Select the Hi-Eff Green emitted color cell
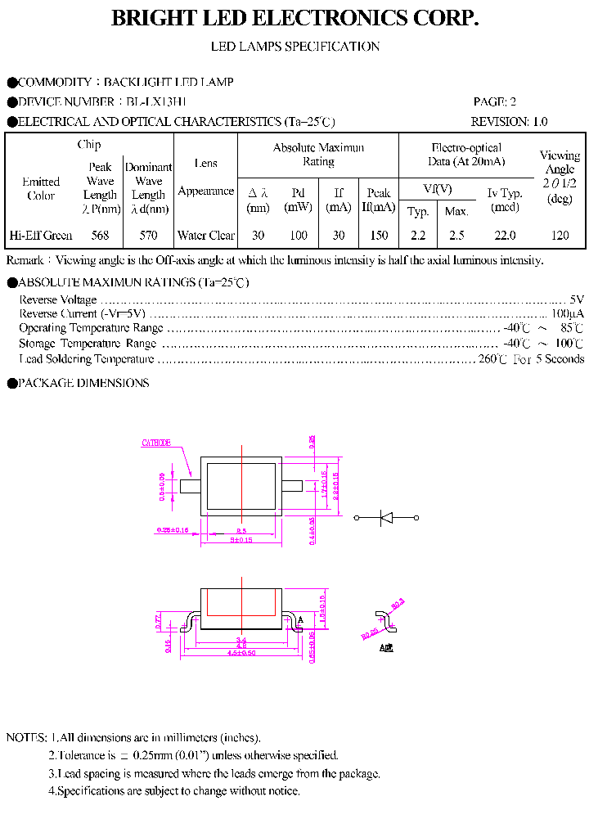tap(41, 236)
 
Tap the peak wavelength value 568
tap(100, 236)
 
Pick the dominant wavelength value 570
tap(148, 236)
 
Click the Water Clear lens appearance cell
tap(206, 236)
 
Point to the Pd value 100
tap(299, 236)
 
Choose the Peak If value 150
tap(379, 236)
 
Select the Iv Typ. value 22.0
tap(505, 236)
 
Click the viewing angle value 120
tap(560, 236)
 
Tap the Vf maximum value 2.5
tap(456, 236)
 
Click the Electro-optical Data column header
tap(466, 155)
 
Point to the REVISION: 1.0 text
tap(509, 122)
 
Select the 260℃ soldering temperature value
tap(492, 359)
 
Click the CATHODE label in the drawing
tap(156, 443)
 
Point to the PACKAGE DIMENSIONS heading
tap(83, 383)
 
